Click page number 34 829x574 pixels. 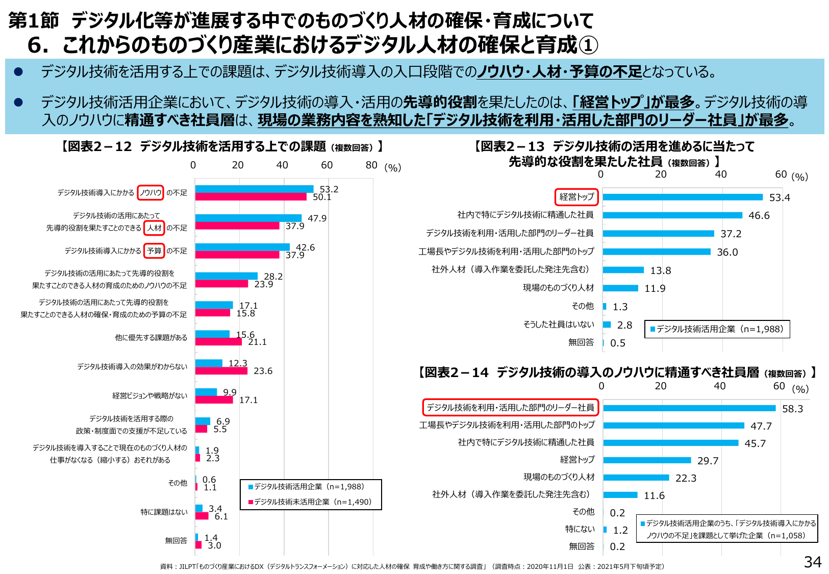click(x=812, y=562)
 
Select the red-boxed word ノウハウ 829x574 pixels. click(x=150, y=192)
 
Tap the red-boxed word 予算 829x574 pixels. click(x=154, y=251)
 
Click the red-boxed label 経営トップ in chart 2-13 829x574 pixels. click(x=576, y=196)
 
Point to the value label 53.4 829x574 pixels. click(x=779, y=197)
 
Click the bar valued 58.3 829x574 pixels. click(x=689, y=408)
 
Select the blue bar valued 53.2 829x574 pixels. click(x=254, y=189)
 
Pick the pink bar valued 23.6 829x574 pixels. click(x=221, y=371)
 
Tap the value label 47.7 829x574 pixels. click(x=761, y=426)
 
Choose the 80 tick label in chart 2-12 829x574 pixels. click(x=371, y=165)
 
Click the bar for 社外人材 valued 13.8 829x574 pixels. click(x=623, y=270)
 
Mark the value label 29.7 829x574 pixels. click(x=708, y=461)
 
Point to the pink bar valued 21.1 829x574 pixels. click(x=218, y=342)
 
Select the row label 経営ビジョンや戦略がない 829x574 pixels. click(x=149, y=395)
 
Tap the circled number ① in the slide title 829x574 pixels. click(x=588, y=45)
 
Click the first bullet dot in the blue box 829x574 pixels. click(x=18, y=72)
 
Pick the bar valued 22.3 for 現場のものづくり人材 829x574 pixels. click(x=636, y=478)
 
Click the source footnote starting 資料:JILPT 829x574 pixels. click(x=412, y=566)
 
